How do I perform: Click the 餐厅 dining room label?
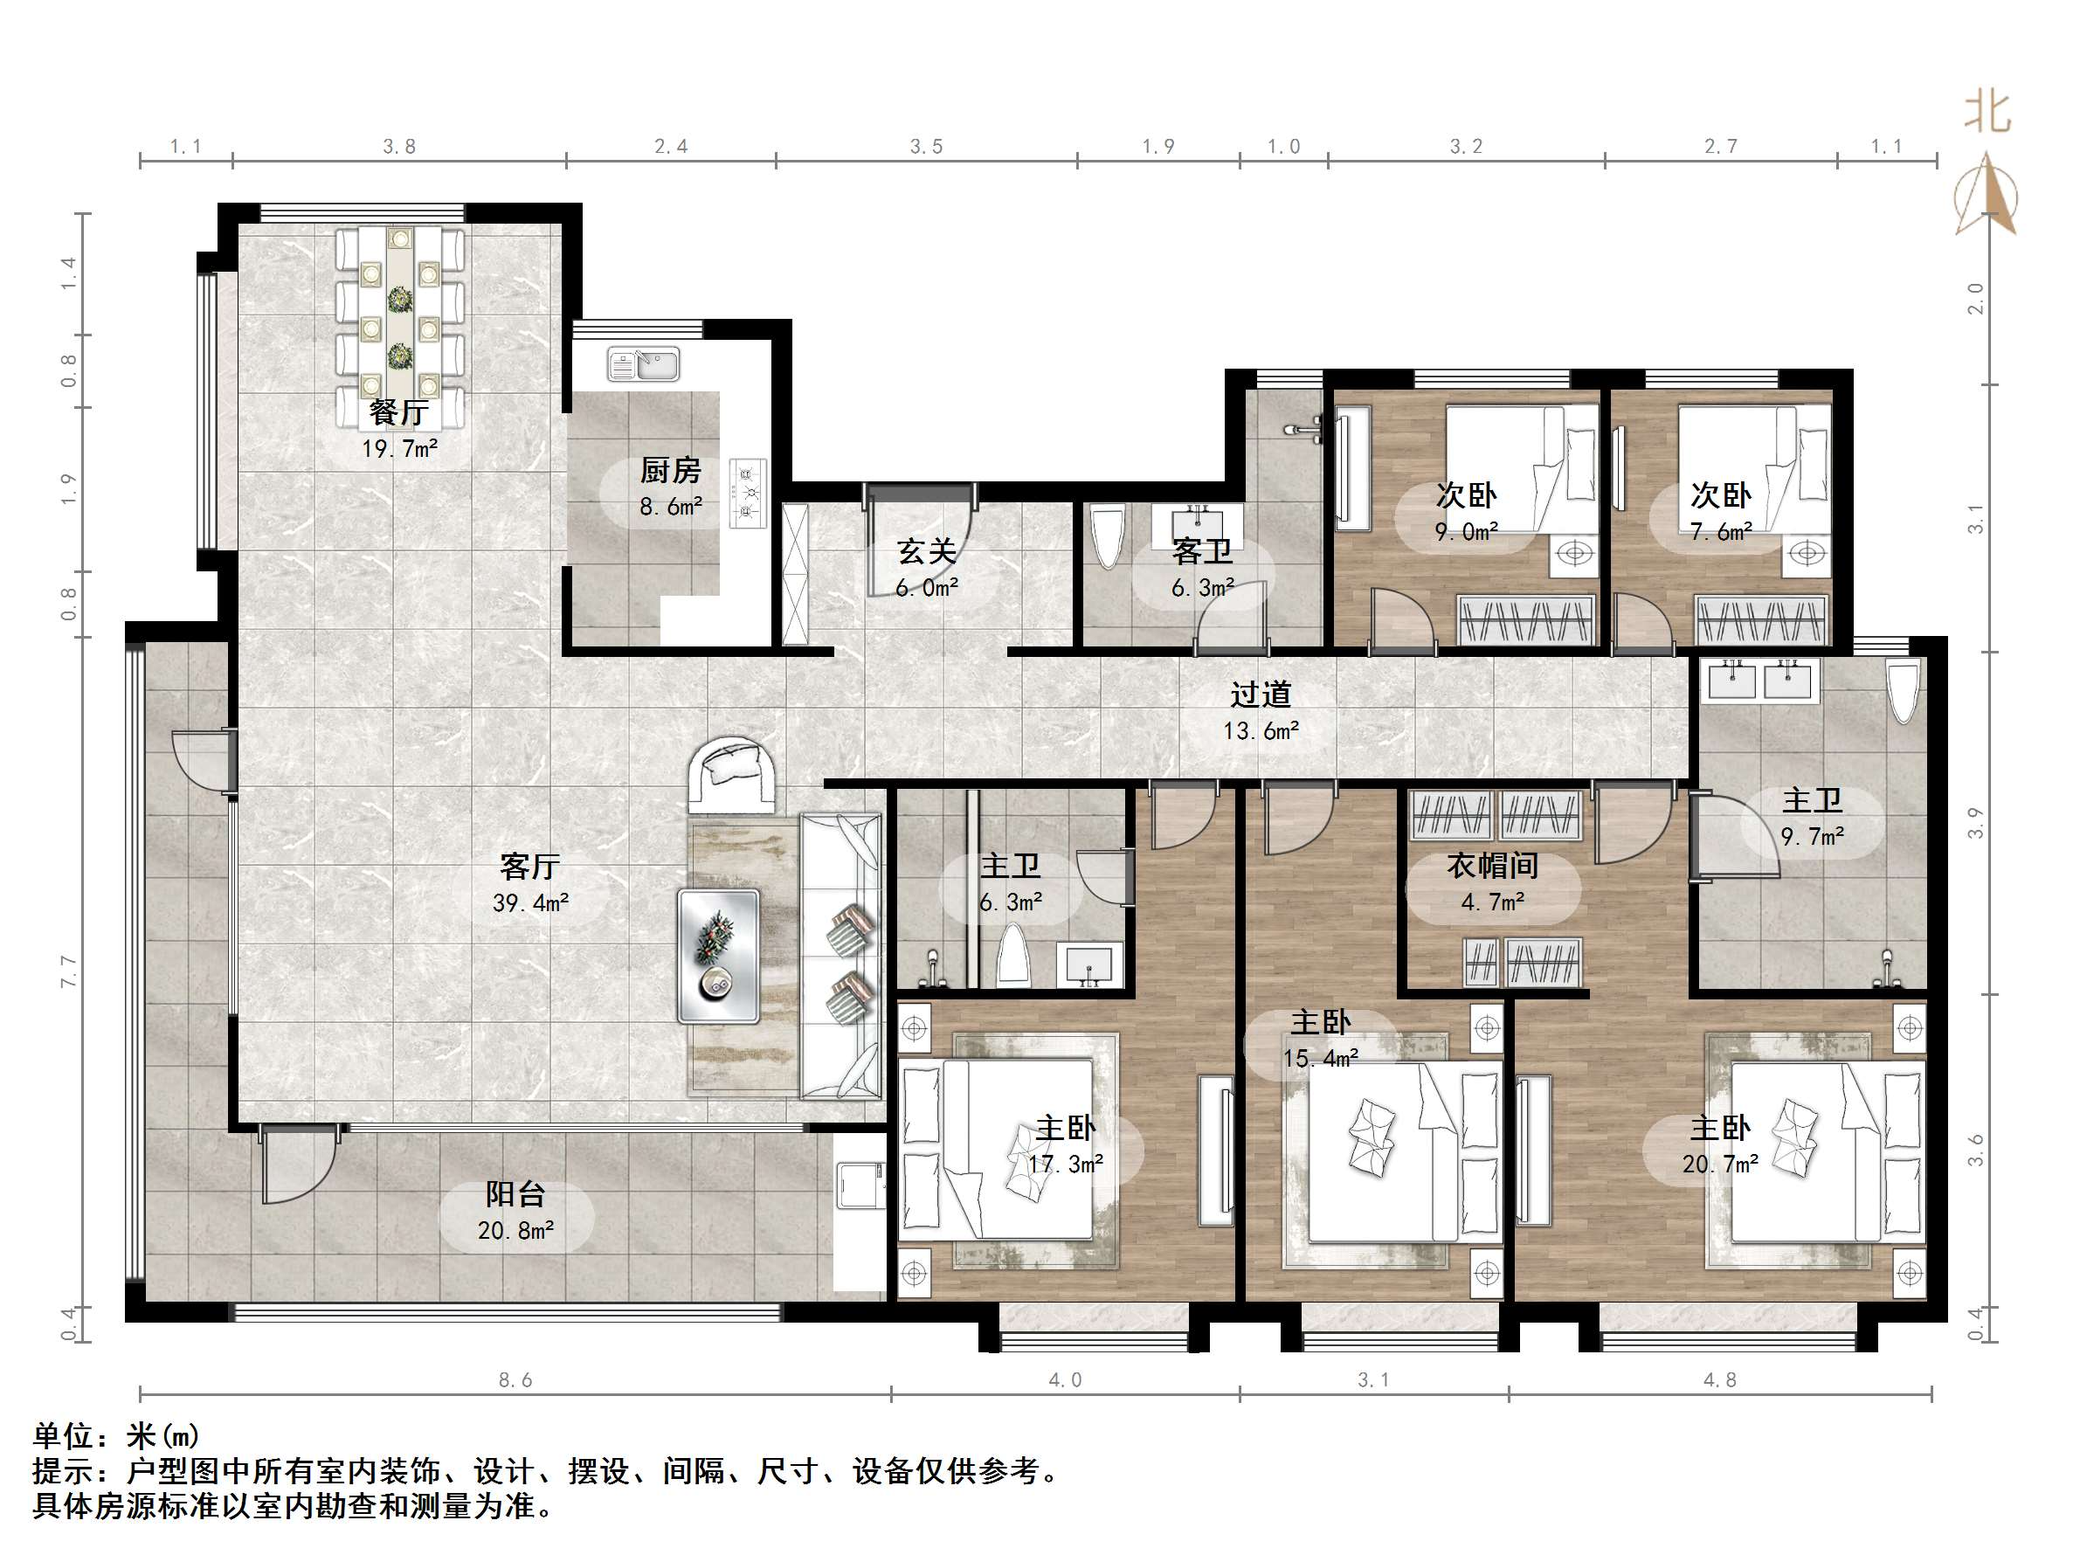399,411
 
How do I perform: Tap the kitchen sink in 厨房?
643,363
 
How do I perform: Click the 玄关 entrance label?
927,551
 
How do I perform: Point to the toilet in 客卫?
1108,537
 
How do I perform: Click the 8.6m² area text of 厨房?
671,507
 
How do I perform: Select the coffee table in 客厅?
719,956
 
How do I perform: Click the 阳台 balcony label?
515,1194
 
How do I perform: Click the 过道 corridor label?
1261,695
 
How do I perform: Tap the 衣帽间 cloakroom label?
1493,866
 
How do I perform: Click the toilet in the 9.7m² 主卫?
1904,693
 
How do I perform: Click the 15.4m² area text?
1322,1059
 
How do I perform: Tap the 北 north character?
1987,112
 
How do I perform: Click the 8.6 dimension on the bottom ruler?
515,1380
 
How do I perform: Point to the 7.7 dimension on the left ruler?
68,971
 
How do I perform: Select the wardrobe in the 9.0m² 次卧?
1528,619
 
